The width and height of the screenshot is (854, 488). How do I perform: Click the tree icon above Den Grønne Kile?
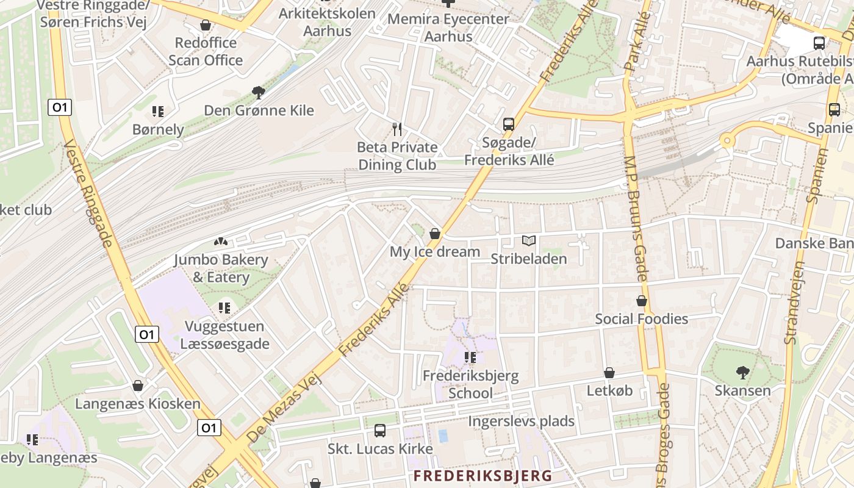point(259,93)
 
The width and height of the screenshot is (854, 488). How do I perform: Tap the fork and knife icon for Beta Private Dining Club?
point(397,129)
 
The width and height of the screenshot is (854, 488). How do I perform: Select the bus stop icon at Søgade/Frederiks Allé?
point(509,124)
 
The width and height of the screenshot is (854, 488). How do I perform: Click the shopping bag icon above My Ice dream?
point(435,234)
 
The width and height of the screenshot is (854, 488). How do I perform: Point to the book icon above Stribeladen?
point(528,241)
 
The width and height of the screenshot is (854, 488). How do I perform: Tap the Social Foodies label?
point(641,319)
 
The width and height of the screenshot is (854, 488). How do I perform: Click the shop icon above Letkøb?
point(609,373)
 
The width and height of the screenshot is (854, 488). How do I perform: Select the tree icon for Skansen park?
point(742,372)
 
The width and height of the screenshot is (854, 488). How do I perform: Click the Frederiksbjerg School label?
point(470,384)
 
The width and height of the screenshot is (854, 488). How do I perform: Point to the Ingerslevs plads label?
point(521,421)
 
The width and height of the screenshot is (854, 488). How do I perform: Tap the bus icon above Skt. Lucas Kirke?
point(380,431)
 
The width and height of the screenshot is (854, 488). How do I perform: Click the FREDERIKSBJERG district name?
point(483,476)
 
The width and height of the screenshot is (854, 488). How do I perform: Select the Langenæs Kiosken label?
point(138,404)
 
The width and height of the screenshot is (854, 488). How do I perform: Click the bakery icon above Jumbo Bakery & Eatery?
point(221,242)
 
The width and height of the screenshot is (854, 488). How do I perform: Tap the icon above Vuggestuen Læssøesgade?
point(224,308)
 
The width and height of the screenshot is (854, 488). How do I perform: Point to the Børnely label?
point(158,129)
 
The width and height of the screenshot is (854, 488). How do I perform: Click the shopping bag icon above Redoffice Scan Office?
point(206,25)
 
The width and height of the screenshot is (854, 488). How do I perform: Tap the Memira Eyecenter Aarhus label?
point(448,27)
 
